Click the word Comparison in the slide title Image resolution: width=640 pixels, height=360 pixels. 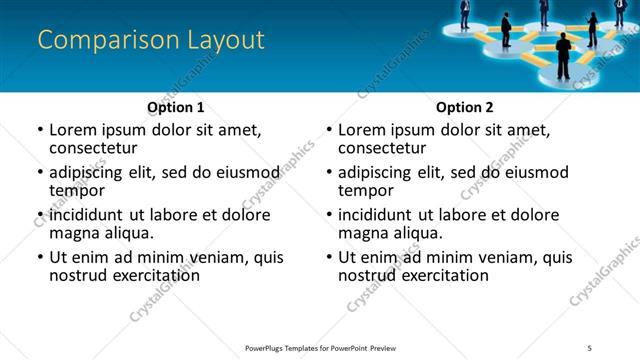point(98,41)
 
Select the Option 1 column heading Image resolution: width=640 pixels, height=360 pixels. point(175,107)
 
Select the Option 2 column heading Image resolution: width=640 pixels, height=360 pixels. point(464,107)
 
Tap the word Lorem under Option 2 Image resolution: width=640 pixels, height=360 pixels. point(361,130)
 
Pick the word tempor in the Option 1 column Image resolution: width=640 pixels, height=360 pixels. point(75,189)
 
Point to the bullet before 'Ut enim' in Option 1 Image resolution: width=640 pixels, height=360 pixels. point(39,257)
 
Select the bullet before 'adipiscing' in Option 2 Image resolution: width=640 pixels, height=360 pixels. point(328,171)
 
